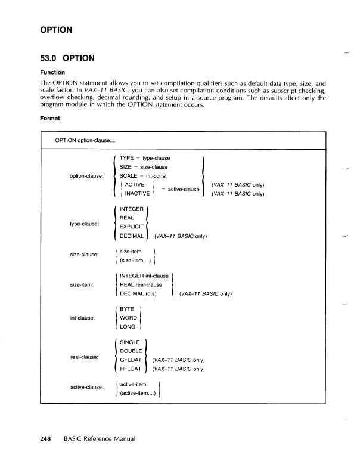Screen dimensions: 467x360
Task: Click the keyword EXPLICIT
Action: point(132,227)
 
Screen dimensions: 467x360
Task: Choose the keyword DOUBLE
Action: point(131,351)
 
